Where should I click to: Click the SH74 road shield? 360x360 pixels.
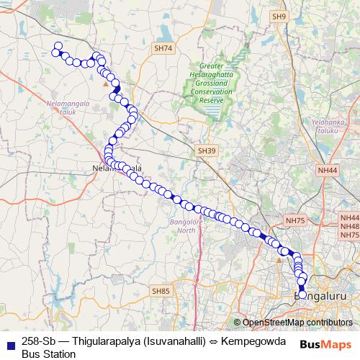pyautogui.click(x=163, y=48)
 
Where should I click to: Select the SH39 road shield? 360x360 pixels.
pyautogui.click(x=207, y=150)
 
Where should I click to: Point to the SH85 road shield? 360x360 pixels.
pyautogui.click(x=161, y=291)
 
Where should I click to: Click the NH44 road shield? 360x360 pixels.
pyautogui.click(x=328, y=170)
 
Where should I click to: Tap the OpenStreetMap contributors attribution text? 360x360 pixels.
pyautogui.click(x=293, y=323)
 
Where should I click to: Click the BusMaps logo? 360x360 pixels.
pyautogui.click(x=326, y=345)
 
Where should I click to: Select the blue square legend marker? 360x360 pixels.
pyautogui.click(x=9, y=345)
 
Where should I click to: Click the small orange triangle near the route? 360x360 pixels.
pyautogui.click(x=106, y=84)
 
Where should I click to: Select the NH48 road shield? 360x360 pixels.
pyautogui.click(x=350, y=225)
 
